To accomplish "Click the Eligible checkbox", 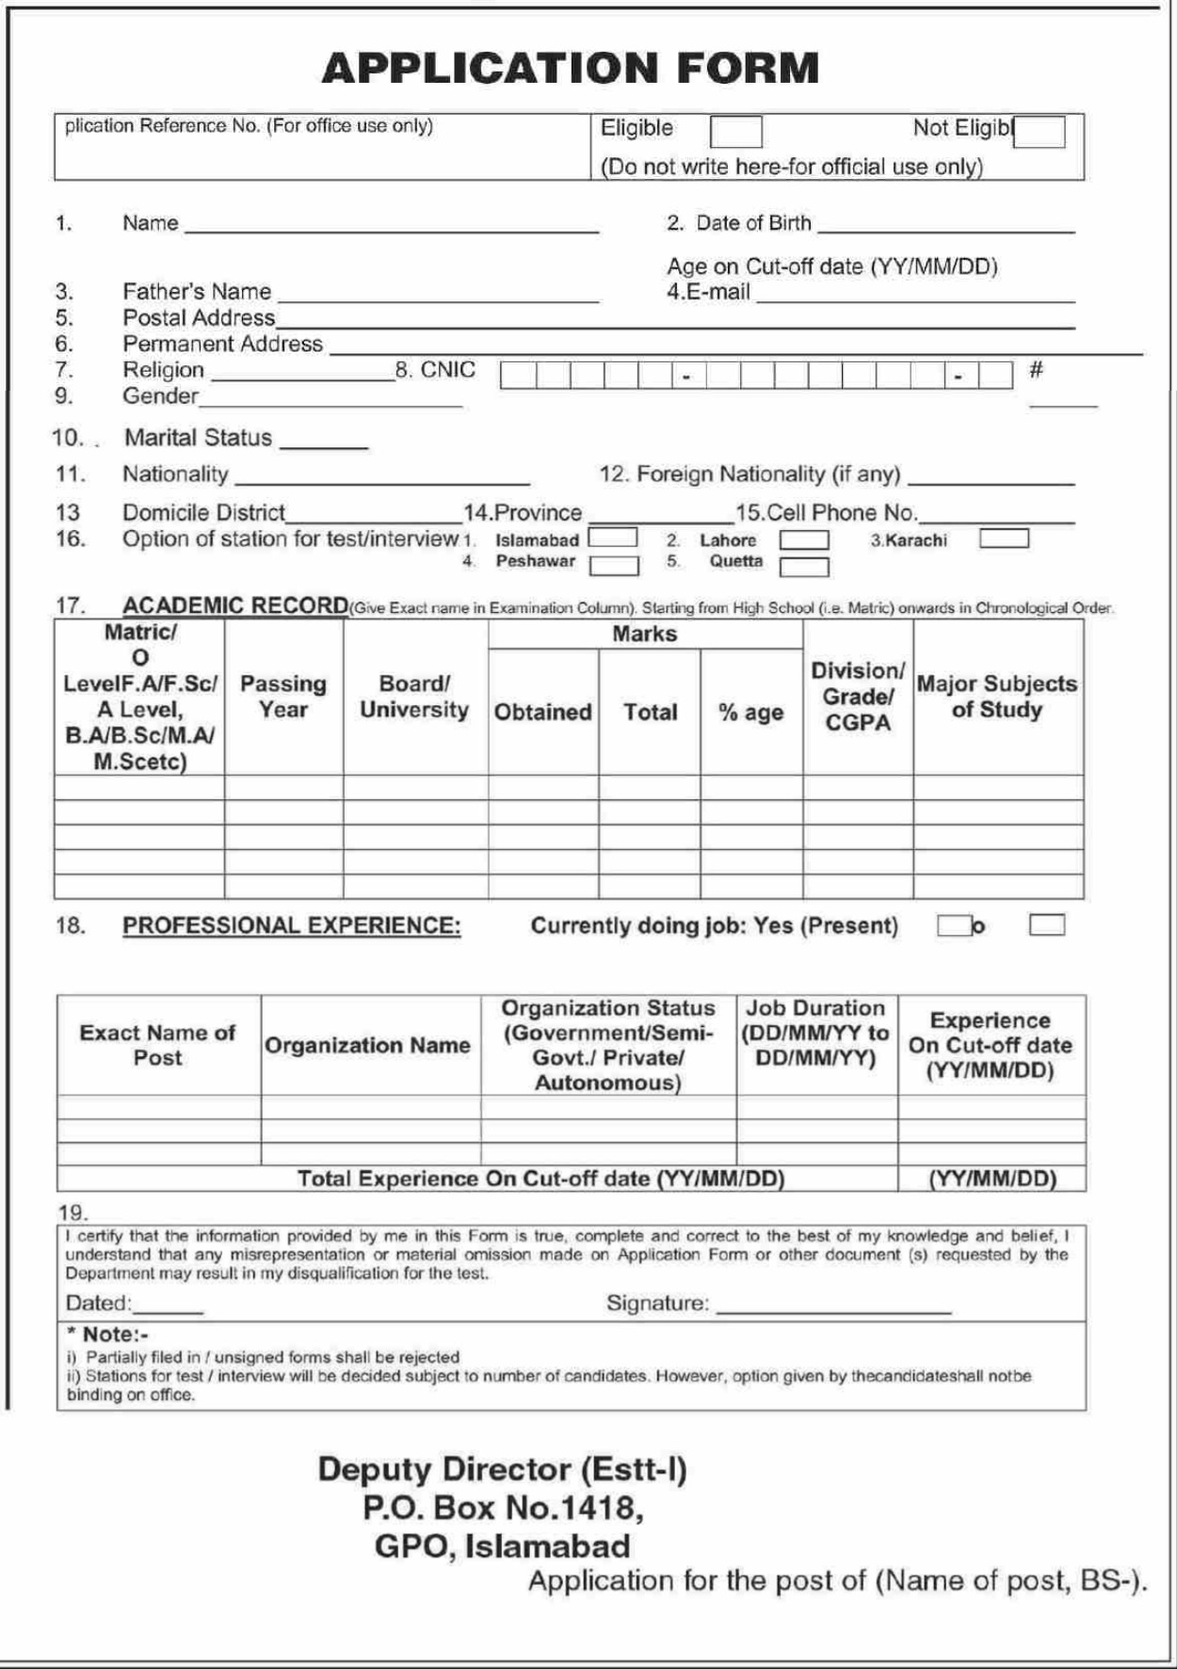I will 735,132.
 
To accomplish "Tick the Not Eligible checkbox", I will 1040,132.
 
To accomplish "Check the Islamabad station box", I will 612,538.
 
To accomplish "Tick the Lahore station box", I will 803,540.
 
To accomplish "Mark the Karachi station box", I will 1003,538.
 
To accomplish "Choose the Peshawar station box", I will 613,565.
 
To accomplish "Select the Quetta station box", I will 803,567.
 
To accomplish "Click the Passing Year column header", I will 283,697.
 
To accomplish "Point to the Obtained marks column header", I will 542,713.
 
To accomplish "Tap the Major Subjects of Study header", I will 997,697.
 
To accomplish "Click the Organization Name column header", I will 367,1045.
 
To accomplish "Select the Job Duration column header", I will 815,1033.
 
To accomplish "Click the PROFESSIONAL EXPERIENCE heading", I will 292,926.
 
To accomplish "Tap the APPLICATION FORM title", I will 570,68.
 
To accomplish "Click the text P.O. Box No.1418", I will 503,1508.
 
